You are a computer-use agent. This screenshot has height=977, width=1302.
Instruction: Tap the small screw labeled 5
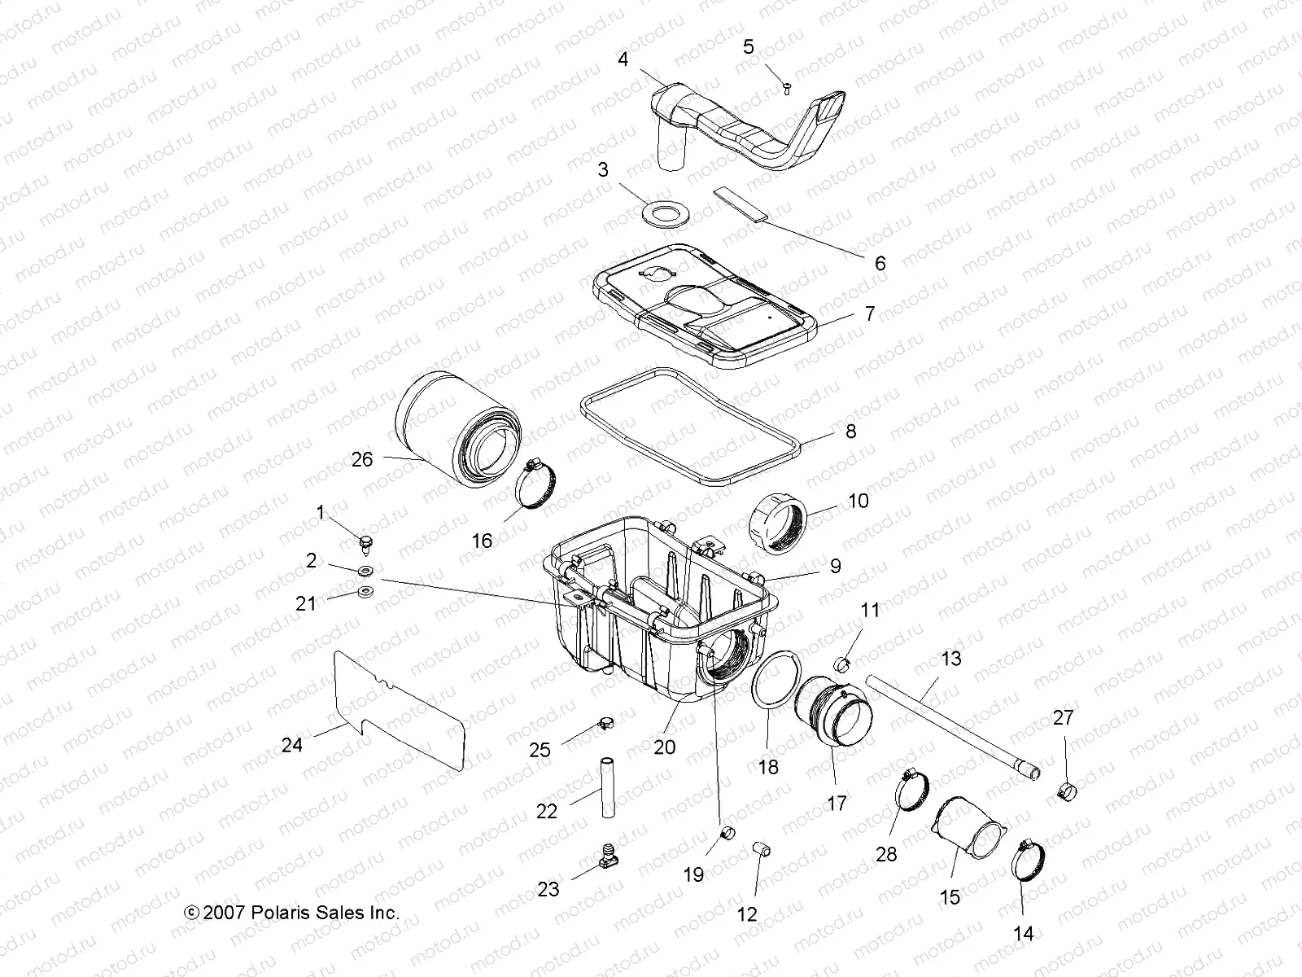(787, 86)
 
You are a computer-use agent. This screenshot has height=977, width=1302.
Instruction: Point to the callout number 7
(870, 313)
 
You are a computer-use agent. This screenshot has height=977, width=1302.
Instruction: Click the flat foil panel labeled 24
(399, 707)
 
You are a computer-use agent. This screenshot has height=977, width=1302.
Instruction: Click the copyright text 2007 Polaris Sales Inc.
(293, 913)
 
